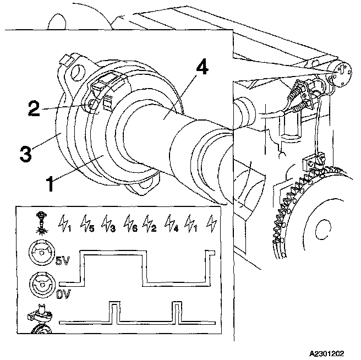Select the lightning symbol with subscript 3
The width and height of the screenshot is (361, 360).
(x=108, y=223)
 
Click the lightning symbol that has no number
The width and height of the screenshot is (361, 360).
(x=211, y=223)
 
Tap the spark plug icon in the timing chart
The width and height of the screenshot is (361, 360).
(x=39, y=221)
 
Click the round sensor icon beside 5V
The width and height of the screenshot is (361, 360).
(x=40, y=256)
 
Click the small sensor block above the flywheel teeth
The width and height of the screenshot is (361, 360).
(x=311, y=163)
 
